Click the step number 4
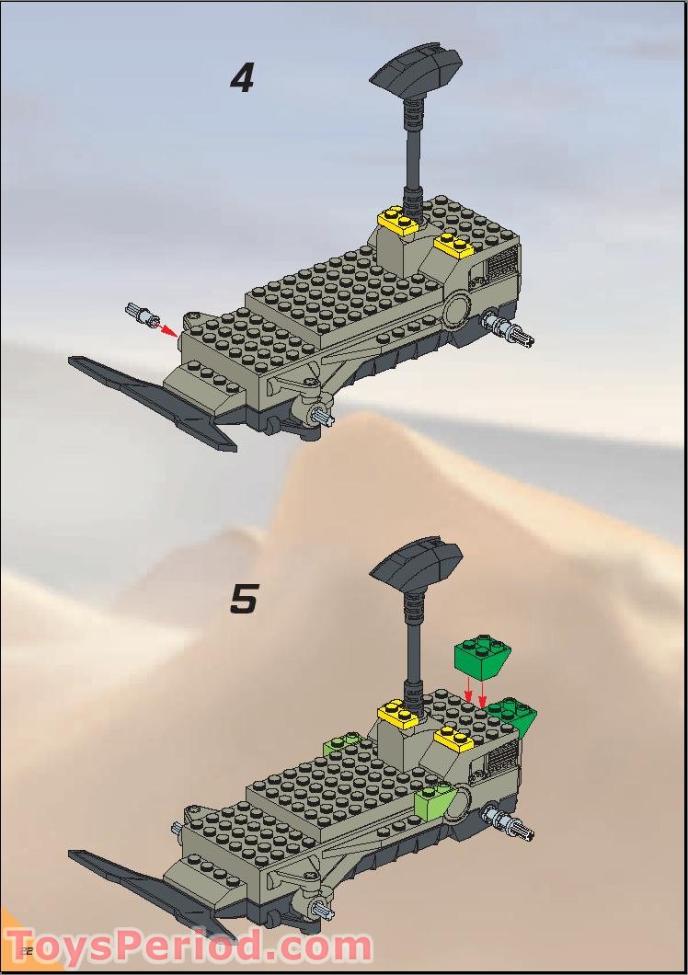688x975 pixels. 242,78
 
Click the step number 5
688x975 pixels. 244,599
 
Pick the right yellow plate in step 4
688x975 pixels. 453,245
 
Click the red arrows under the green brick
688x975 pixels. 476,692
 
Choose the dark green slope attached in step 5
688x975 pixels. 513,715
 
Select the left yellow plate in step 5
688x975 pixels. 397,712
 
